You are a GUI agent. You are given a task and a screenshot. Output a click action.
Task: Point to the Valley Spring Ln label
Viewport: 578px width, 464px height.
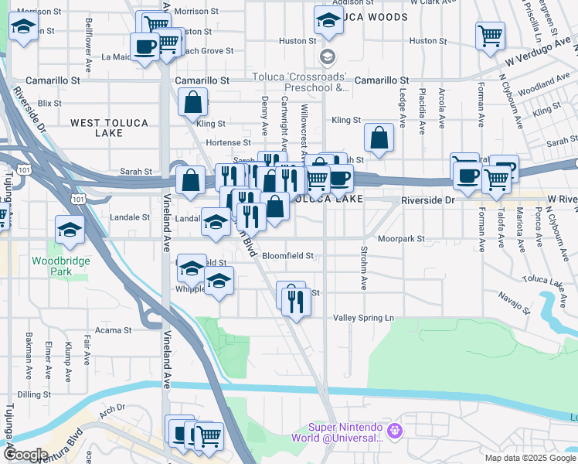[x=363, y=318]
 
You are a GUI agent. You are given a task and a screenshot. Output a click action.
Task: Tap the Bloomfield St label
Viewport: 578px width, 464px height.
[x=287, y=255]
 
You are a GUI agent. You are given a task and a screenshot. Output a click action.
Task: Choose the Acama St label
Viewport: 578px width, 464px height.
[x=114, y=330]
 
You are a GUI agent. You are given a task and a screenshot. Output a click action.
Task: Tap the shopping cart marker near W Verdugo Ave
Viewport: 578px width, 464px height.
[x=491, y=36]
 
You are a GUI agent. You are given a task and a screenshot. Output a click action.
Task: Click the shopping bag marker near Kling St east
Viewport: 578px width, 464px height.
[x=379, y=137]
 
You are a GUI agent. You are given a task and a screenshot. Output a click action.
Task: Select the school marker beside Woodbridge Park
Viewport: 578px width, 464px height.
[x=70, y=229]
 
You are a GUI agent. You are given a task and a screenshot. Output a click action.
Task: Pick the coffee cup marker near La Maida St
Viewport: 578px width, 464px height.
[x=145, y=46]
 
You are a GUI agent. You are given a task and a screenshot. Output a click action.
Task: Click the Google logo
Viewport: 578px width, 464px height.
[x=26, y=455]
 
